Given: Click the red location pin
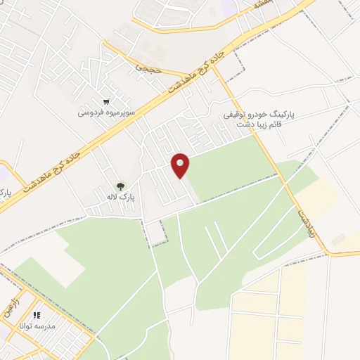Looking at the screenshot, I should point(181,165).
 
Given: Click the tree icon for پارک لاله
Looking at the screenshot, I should point(120,187).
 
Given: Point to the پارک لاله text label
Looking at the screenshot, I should point(122,198).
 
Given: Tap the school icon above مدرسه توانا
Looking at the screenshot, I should point(37,316).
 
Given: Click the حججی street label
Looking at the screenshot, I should point(148,69).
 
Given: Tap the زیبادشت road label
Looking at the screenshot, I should point(305,222).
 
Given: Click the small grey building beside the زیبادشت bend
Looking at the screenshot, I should point(338,240).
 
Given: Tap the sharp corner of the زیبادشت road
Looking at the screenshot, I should point(326,252).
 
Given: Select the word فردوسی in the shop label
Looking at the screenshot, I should point(91,112).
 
